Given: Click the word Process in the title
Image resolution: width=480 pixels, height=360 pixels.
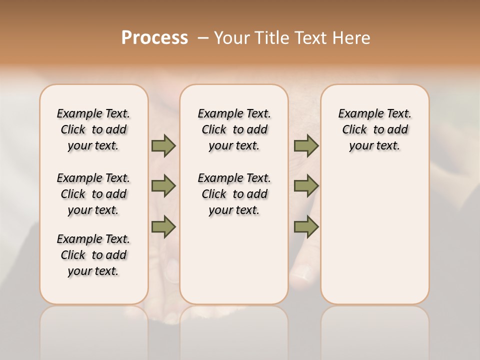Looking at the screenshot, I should pyautogui.click(x=154, y=37).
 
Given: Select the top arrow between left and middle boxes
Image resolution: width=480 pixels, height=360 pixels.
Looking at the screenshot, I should pyautogui.click(x=163, y=145).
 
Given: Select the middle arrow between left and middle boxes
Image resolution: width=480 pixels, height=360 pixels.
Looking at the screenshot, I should pyautogui.click(x=163, y=186).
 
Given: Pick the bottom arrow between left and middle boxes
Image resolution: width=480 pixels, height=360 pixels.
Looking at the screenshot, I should pyautogui.click(x=163, y=227).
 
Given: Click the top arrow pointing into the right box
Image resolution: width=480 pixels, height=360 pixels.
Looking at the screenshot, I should pyautogui.click(x=306, y=145).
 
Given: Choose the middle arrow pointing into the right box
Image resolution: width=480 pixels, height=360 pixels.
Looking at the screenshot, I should pyautogui.click(x=306, y=186).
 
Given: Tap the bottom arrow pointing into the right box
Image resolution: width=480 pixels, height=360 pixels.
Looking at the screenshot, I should pyautogui.click(x=306, y=227).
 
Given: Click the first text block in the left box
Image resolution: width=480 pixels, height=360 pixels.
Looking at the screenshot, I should pyautogui.click(x=93, y=129).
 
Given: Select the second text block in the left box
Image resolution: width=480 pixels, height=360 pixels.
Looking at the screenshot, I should pyautogui.click(x=93, y=194).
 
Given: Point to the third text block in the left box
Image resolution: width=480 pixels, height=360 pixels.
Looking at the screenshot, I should pyautogui.click(x=93, y=255).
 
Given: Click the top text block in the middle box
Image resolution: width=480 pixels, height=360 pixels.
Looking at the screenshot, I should pyautogui.click(x=234, y=129).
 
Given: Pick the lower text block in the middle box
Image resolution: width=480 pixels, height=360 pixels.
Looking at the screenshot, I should pyautogui.click(x=234, y=194).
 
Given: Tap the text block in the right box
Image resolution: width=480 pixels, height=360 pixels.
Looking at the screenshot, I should pyautogui.click(x=374, y=129).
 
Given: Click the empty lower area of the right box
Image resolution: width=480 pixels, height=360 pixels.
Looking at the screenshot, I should pyautogui.click(x=374, y=235).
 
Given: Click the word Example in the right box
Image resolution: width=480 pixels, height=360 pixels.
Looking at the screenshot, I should pyautogui.click(x=357, y=114).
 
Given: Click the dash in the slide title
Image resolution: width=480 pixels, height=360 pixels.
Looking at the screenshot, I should pyautogui.click(x=203, y=38).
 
